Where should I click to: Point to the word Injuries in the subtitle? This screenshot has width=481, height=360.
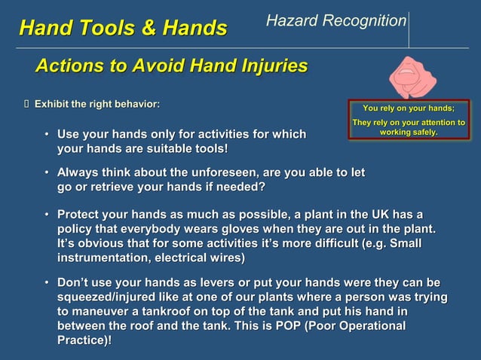(x=270, y=66)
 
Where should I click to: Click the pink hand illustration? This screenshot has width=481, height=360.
(x=412, y=75)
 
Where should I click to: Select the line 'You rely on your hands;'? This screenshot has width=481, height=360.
(x=408, y=108)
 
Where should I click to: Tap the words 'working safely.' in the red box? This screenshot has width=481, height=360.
(x=408, y=133)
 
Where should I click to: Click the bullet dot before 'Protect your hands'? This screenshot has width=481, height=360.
(x=47, y=214)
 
